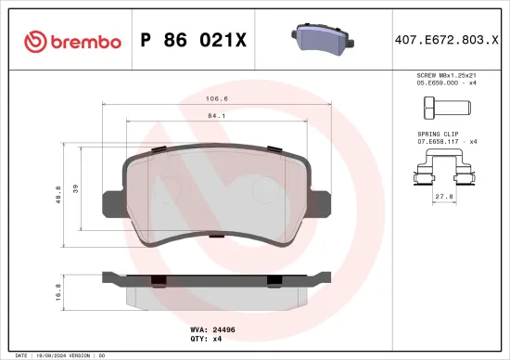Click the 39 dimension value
click(77, 190)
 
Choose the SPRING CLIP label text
click(439, 134)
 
